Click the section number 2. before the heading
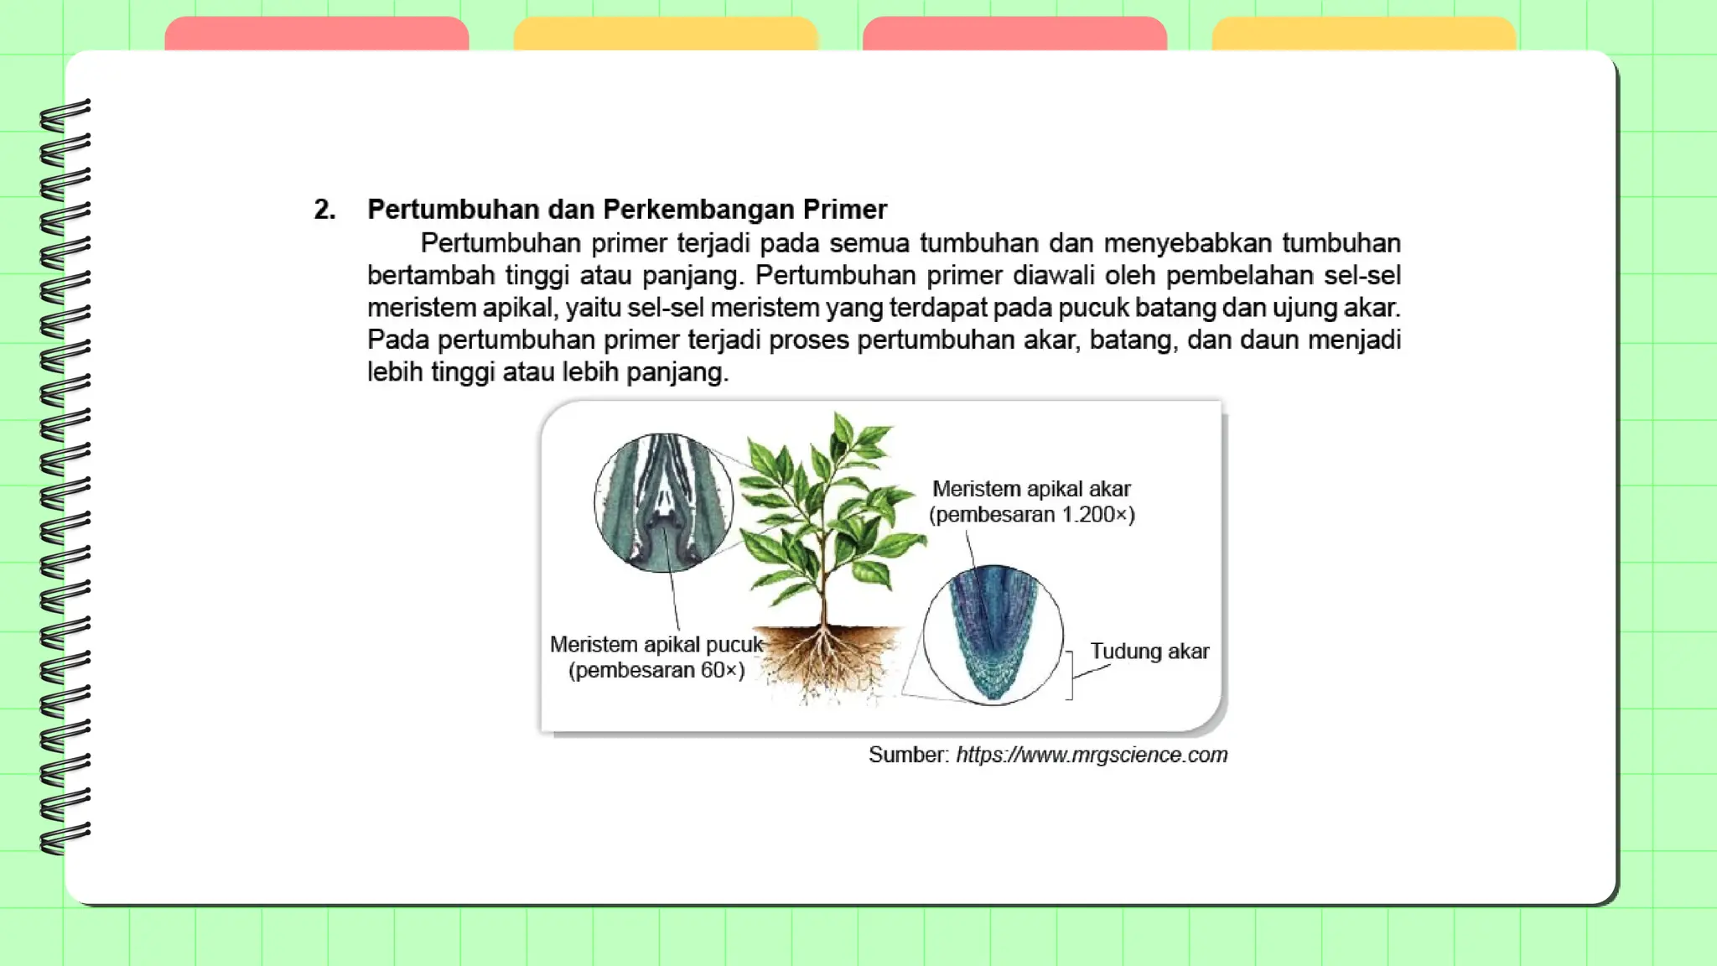(x=324, y=210)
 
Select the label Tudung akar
(x=1149, y=652)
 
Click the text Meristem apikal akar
(x=1031, y=489)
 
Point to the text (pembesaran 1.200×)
(x=1031, y=515)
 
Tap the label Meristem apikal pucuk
(x=656, y=645)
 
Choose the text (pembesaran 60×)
(x=656, y=671)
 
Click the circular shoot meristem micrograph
(x=663, y=503)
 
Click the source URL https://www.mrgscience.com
(x=1092, y=756)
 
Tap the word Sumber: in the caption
(x=908, y=756)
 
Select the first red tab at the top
(x=316, y=34)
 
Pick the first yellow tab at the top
(x=665, y=34)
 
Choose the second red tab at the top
(x=1014, y=34)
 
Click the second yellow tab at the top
(x=1363, y=34)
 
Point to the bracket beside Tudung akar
(x=1070, y=674)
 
